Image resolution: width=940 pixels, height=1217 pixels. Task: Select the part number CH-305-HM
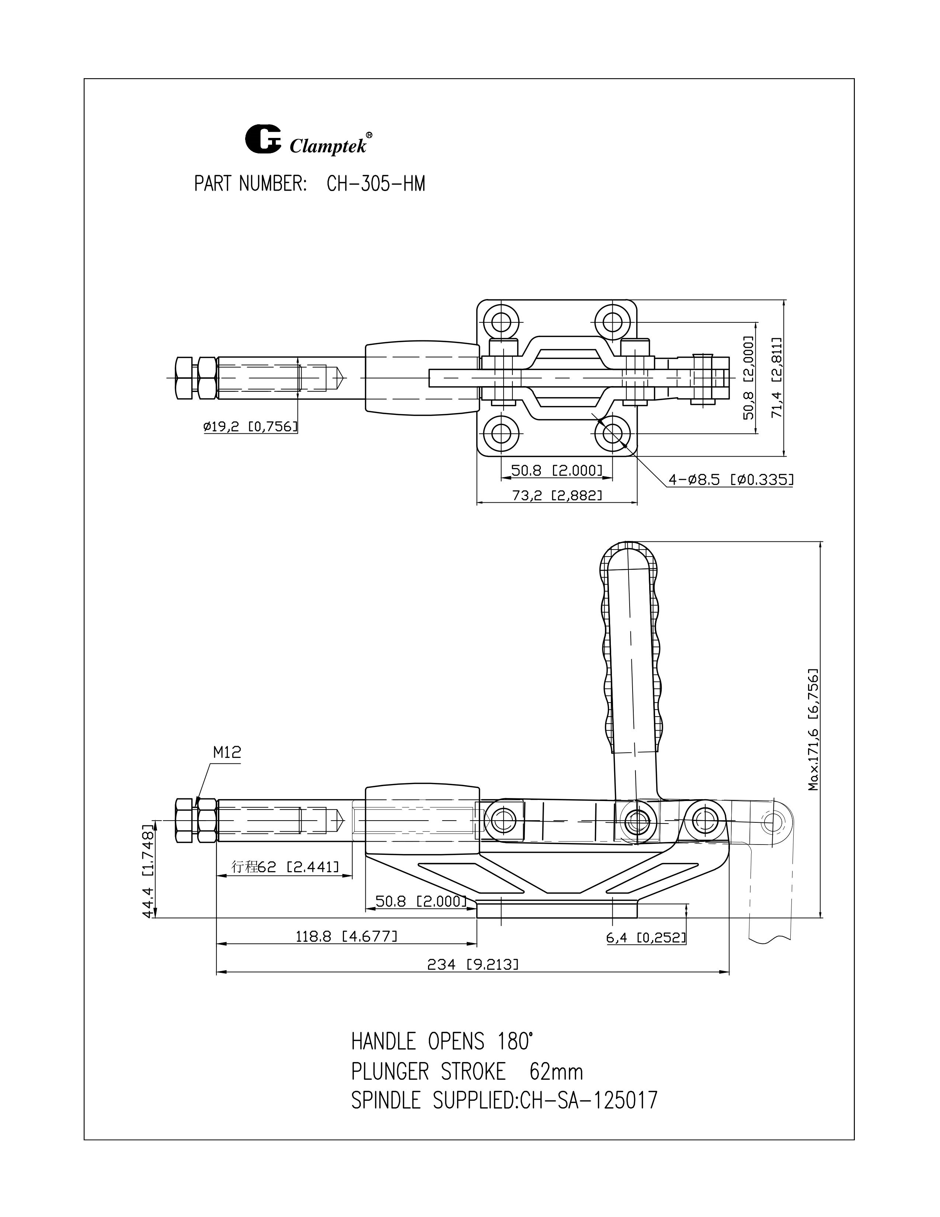click(376, 184)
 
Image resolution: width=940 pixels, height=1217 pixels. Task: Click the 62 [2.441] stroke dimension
click(285, 867)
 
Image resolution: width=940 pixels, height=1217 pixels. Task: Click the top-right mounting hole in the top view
click(613, 322)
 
